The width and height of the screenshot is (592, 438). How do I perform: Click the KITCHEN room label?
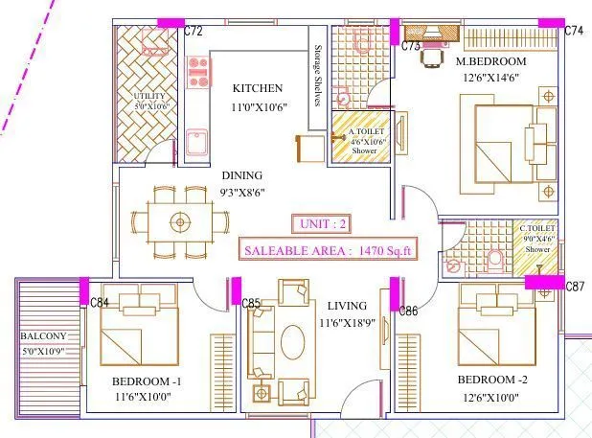pos(257,88)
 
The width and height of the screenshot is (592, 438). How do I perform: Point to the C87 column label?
pos(575,287)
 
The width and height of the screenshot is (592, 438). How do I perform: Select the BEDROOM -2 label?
pos(493,379)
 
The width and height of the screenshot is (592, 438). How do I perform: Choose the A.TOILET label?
pos(364,131)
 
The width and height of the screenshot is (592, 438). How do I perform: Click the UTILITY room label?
pos(150,97)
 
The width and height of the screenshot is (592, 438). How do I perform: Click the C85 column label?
pos(251,304)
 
